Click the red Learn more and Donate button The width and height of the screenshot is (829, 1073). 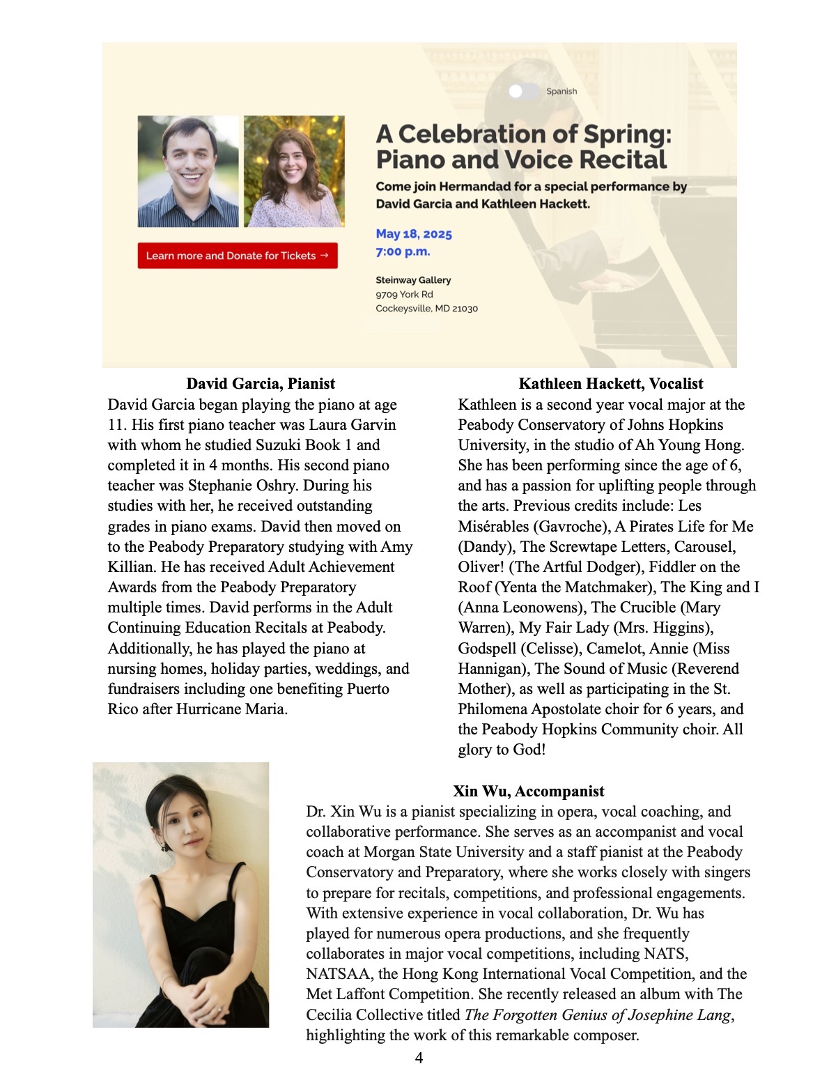pos(237,256)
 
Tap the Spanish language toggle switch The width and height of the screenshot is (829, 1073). pos(523,91)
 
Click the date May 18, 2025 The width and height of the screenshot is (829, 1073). pos(414,234)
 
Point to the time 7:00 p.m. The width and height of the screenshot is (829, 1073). pos(403,252)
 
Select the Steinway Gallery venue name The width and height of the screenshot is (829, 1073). pos(413,280)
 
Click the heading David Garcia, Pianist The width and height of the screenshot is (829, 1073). pos(261,384)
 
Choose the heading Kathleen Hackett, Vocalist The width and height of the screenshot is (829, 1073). pos(610,384)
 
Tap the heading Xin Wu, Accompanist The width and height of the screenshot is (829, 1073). pos(528,792)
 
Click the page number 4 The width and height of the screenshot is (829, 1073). pos(419,1058)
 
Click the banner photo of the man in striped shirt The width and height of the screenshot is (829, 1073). pos(188,171)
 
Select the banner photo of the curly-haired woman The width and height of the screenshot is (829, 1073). pos(294,171)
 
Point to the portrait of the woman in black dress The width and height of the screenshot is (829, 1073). pos(180,895)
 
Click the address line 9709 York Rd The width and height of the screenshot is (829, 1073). pos(404,295)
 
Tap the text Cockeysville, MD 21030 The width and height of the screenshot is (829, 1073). pos(426,309)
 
